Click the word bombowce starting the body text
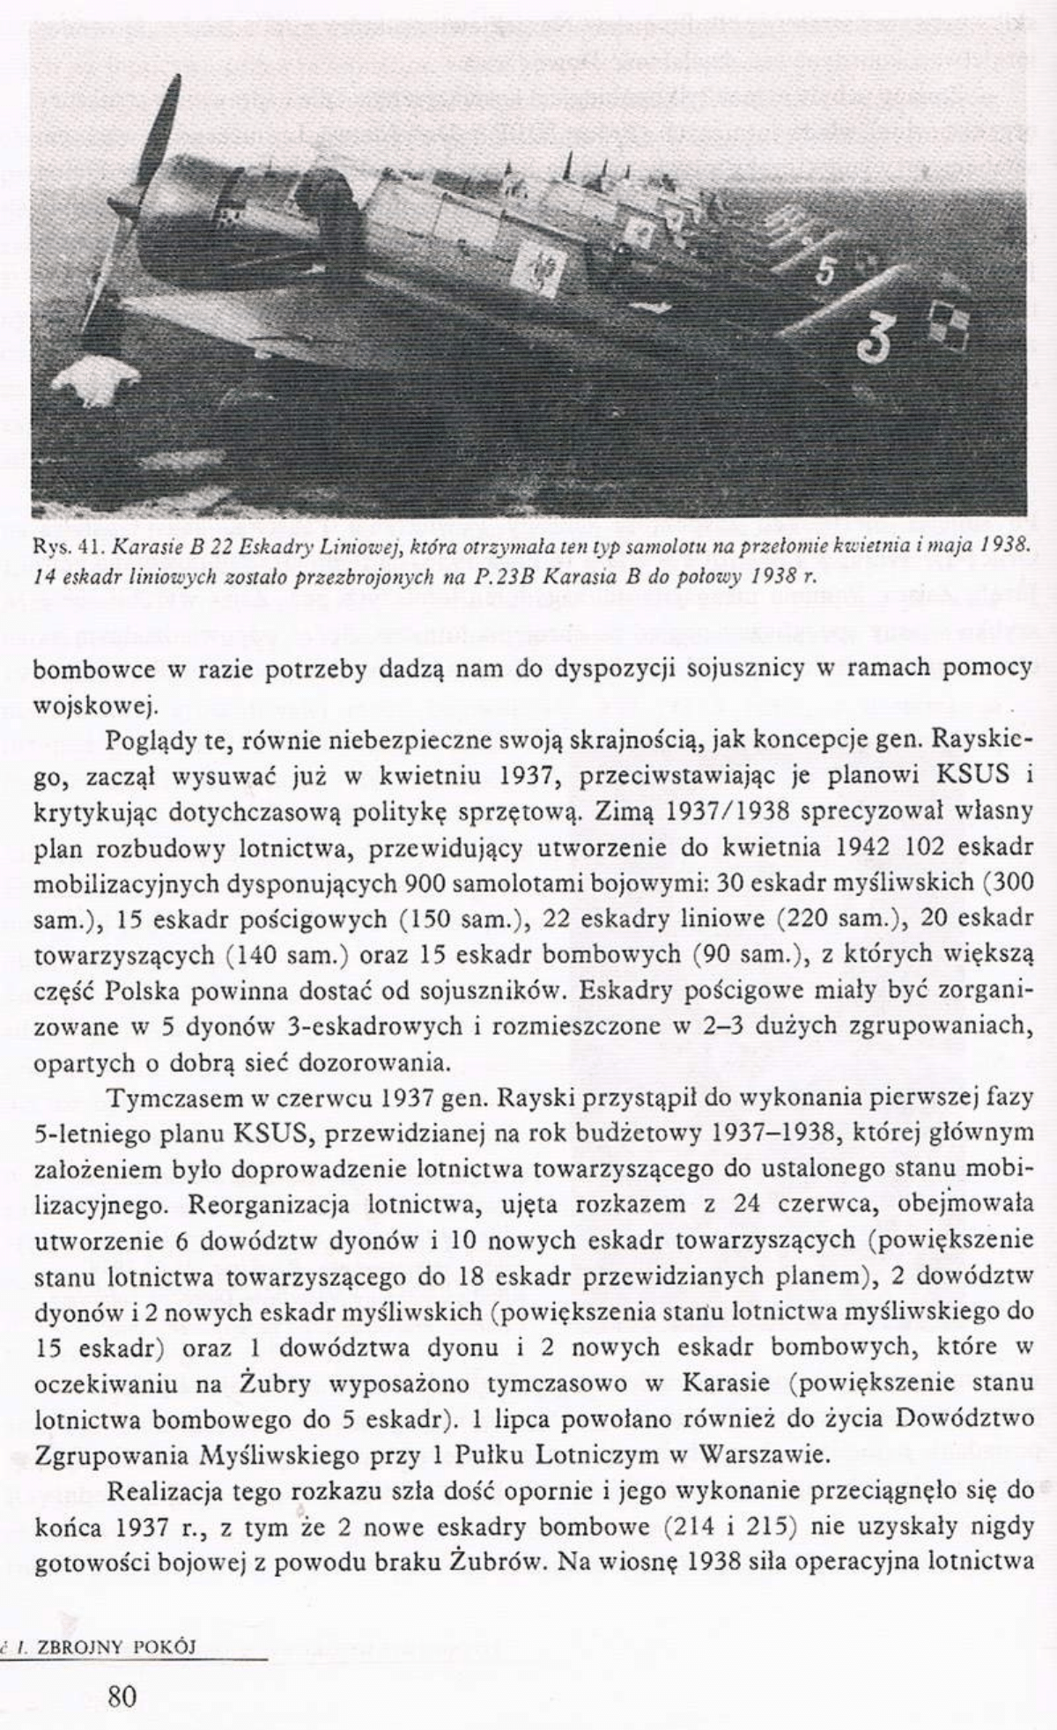93,669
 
